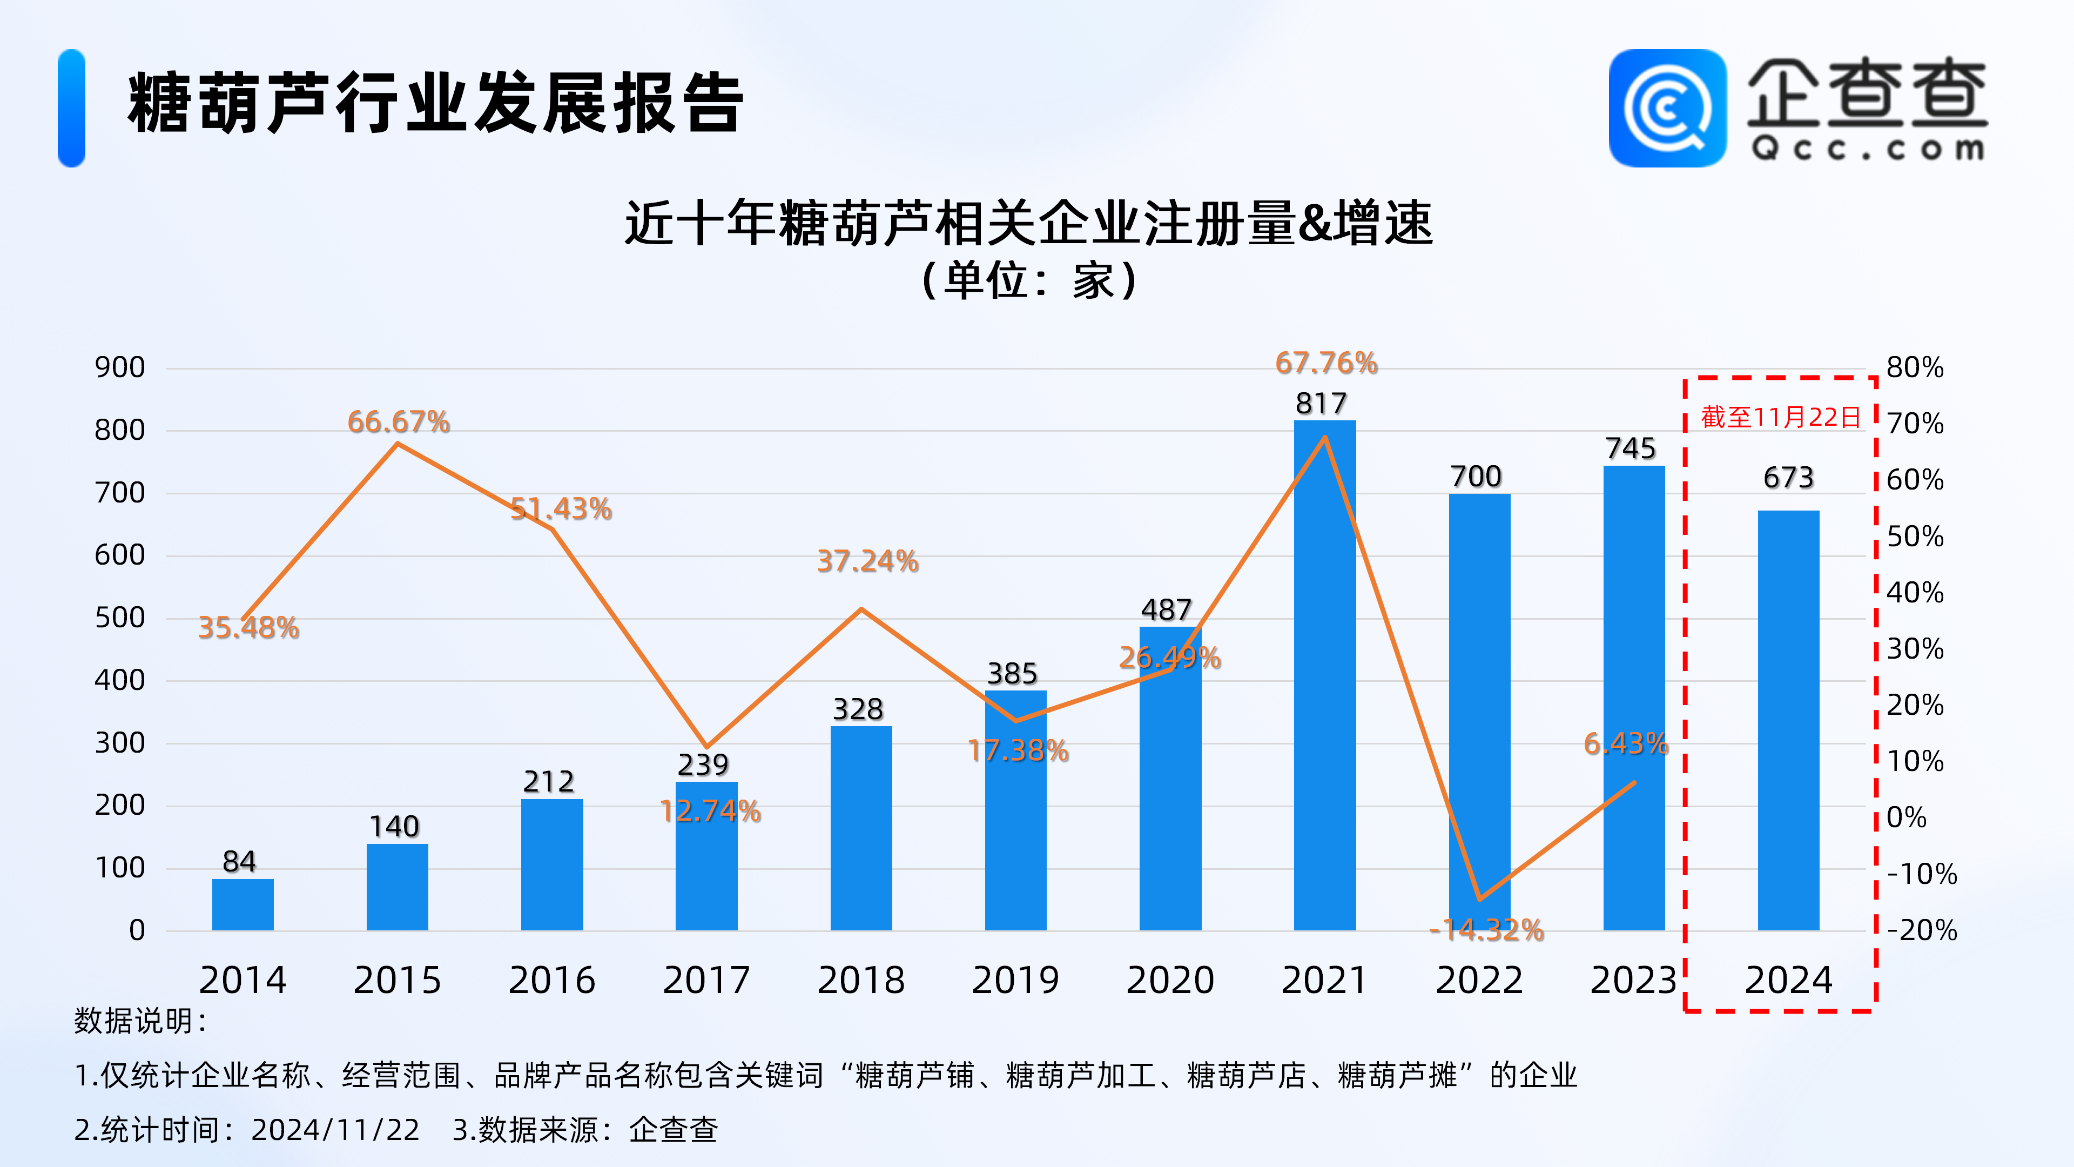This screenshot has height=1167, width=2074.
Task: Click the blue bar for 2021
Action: tap(1324, 676)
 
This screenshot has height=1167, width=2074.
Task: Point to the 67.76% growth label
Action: tap(1326, 363)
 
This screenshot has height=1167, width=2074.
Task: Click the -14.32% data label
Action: tap(1486, 930)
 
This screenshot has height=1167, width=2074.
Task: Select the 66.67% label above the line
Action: tap(399, 421)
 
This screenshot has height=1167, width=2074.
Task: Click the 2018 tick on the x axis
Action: tap(861, 980)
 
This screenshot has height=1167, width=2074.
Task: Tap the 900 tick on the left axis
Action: tap(120, 367)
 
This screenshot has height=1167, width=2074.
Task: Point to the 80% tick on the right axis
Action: tap(1915, 367)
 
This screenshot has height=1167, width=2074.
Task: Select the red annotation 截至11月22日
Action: tap(1781, 417)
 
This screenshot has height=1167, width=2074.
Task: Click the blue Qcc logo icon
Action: tap(1667, 109)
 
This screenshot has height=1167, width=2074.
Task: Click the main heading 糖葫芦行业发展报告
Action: tap(435, 103)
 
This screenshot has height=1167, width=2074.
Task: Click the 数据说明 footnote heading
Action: tap(141, 1021)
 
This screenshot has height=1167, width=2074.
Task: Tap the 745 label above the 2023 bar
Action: tap(1631, 448)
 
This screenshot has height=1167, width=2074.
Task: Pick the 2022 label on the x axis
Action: tap(1479, 980)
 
